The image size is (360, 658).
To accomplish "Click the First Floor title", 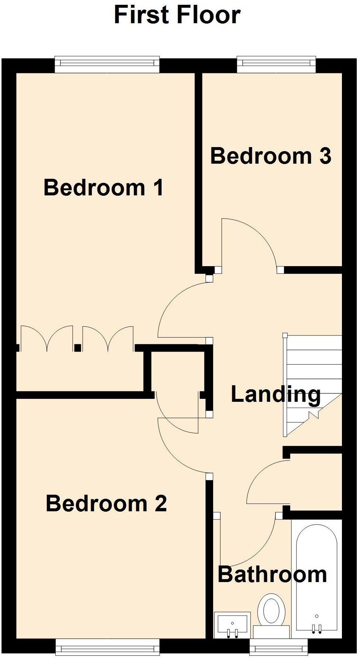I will tap(177, 15).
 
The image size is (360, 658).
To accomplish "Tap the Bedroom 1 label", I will tap(104, 187).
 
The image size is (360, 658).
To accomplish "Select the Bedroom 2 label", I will tap(106, 503).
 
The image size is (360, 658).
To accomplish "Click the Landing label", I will tap(276, 394).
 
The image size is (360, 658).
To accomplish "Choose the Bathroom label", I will tap(272, 574).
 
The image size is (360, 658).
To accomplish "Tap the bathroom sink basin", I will tap(232, 625).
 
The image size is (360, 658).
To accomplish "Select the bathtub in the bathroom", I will tap(317, 579).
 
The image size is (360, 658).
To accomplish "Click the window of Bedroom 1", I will tap(107, 64).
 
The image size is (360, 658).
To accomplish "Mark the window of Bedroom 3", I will tap(276, 64).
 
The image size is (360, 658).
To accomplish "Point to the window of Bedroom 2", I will tap(107, 647).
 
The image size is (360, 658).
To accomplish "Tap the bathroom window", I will tap(278, 647).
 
